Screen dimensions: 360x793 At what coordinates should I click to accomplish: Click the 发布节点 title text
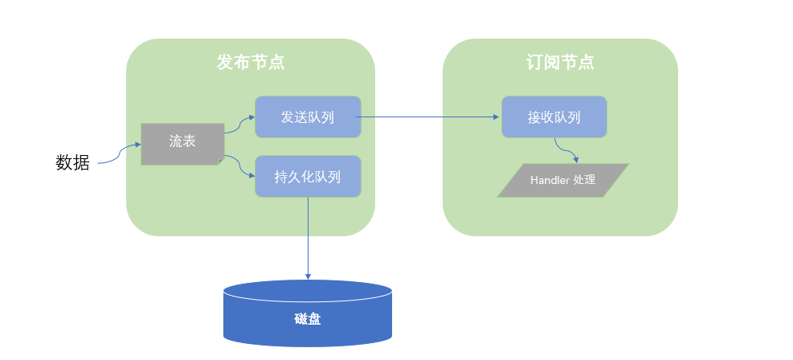250,62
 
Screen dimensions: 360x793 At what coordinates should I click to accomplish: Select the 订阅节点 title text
560,62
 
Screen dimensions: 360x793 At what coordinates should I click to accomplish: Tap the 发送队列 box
308,117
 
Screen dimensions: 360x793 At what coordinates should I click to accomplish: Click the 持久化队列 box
308,177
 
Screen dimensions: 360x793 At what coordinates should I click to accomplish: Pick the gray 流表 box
182,144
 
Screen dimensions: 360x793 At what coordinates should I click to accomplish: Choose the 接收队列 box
554,117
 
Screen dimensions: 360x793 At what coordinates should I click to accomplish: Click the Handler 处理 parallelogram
562,180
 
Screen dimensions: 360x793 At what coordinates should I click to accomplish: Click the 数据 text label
72,162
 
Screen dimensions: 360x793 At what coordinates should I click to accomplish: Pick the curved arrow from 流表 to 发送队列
239,125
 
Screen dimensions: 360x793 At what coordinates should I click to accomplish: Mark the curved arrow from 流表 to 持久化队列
239,164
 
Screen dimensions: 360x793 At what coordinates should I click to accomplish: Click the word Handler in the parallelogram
549,180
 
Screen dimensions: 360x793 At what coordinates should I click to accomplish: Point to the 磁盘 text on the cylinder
308,319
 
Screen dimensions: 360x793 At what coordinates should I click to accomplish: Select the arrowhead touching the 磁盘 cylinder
308,276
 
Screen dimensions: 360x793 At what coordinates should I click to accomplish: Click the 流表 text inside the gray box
182,141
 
